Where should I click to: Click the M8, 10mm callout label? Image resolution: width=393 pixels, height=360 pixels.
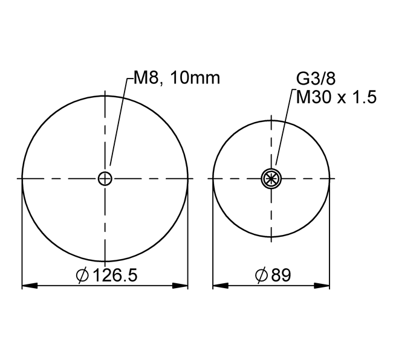(x=177, y=77)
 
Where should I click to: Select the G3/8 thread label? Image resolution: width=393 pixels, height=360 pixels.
(x=316, y=79)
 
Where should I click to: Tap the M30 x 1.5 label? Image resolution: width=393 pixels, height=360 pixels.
(x=336, y=97)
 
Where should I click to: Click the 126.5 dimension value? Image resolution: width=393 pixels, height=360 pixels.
(x=115, y=275)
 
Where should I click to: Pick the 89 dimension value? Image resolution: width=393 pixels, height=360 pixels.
(x=281, y=275)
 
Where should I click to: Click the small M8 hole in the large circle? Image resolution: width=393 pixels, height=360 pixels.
(x=105, y=179)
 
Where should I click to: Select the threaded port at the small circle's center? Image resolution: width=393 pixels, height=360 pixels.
(x=271, y=179)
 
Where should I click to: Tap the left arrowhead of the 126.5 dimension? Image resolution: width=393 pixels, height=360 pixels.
(x=30, y=285)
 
